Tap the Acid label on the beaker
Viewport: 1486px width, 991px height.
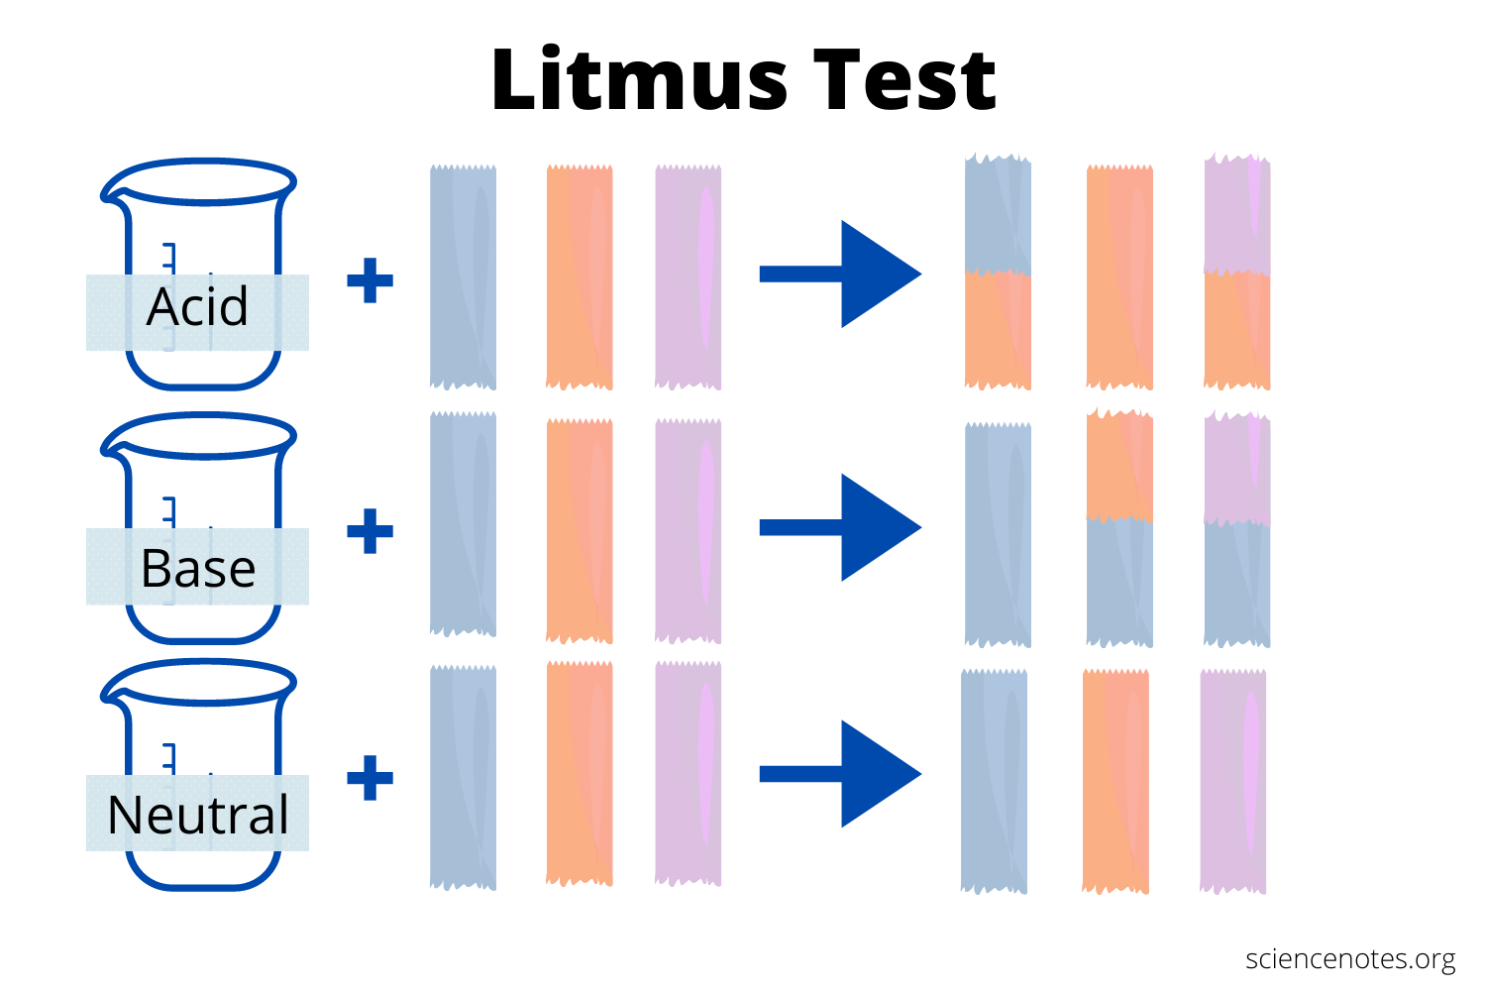click(197, 307)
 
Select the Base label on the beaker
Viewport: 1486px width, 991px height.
click(197, 568)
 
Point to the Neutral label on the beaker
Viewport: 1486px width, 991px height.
click(197, 815)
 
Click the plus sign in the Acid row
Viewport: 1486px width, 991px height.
click(371, 280)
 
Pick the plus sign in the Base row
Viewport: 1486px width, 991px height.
click(371, 531)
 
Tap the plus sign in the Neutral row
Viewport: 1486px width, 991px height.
click(371, 778)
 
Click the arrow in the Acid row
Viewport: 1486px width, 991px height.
click(840, 275)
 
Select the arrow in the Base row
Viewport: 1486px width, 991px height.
click(840, 527)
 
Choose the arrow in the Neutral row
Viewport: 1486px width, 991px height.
click(840, 774)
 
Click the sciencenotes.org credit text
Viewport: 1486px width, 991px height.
click(1350, 959)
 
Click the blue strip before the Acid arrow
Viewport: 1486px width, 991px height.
click(463, 277)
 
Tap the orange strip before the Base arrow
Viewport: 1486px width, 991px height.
click(580, 531)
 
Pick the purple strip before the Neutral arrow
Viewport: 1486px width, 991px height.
click(689, 773)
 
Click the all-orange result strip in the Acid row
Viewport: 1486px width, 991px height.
click(1119, 277)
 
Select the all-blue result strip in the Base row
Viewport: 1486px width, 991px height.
click(998, 535)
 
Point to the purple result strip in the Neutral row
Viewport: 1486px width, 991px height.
click(1233, 781)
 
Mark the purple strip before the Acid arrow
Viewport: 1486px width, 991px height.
click(689, 277)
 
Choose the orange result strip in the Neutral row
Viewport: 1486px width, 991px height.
click(1115, 781)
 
